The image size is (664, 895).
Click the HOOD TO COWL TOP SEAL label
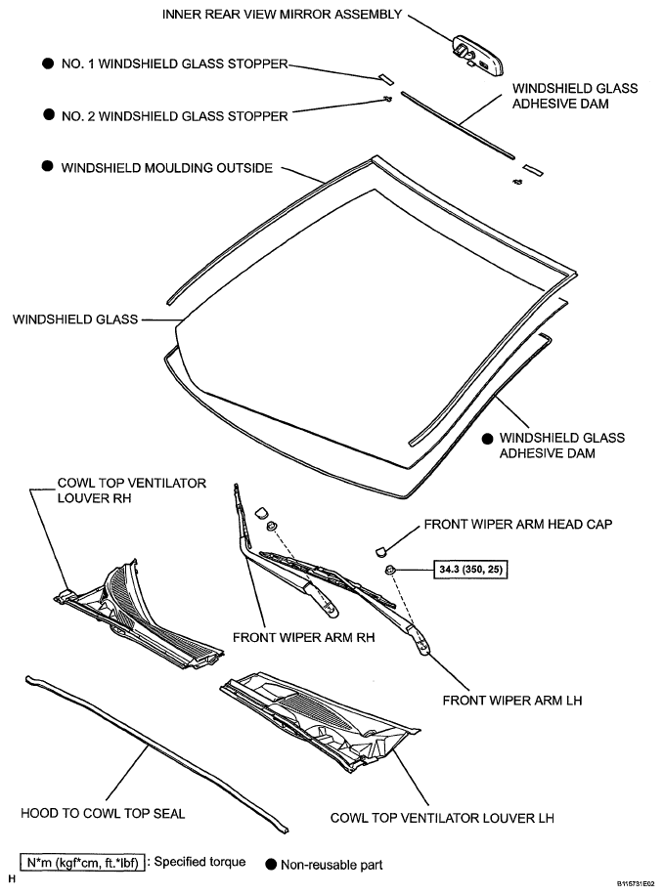click(x=103, y=813)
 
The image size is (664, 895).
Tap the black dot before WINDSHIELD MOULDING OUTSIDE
click(x=47, y=167)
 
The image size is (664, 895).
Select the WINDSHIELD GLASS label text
click(x=73, y=318)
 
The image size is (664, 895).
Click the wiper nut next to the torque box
click(x=390, y=569)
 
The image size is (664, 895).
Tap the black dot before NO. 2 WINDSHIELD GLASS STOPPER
click(x=47, y=115)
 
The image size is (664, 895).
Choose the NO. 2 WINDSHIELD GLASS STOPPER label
click(x=174, y=115)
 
